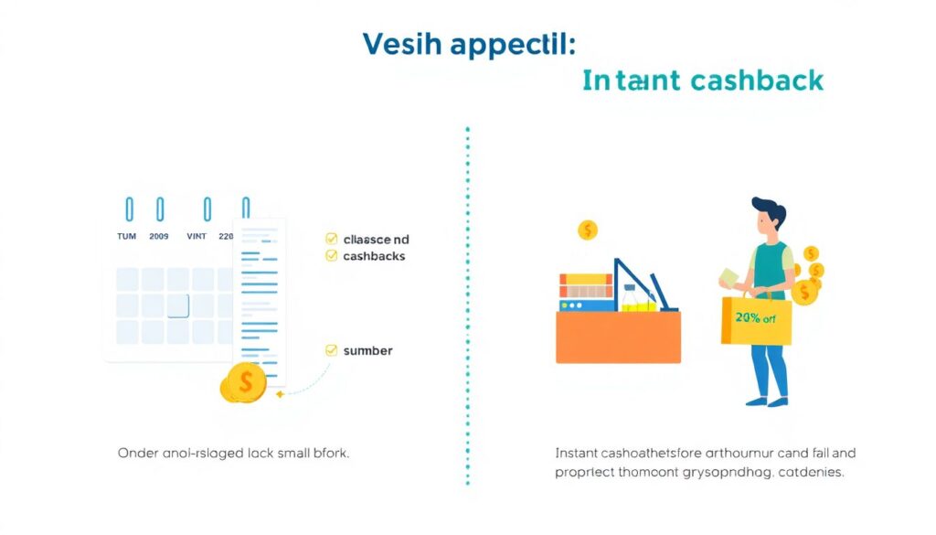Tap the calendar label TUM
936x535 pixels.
[x=126, y=236]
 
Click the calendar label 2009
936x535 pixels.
[x=159, y=236]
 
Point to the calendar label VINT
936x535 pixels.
[x=197, y=236]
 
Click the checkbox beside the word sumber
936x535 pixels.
[x=331, y=349]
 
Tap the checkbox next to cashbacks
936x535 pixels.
[x=331, y=256]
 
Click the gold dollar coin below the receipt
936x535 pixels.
[x=243, y=382]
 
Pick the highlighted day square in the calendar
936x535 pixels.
[x=177, y=305]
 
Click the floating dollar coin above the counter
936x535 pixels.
[x=587, y=230]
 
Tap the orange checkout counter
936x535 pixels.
[x=619, y=337]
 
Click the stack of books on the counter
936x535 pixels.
[x=585, y=291]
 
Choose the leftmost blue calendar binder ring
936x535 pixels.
[x=129, y=209]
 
